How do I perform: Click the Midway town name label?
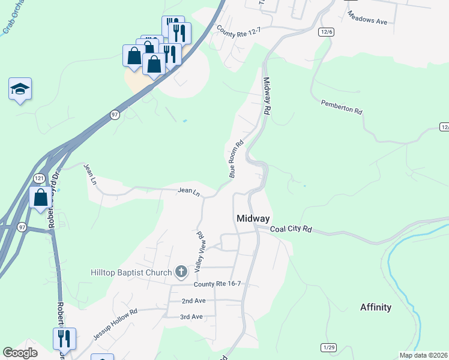253,218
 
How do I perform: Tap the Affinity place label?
376,307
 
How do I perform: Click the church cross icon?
181,272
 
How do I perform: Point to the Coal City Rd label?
292,229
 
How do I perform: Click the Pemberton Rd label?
342,107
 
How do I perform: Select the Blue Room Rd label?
235,159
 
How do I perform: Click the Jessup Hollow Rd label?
115,325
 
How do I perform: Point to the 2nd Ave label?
193,301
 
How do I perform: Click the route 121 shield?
39,178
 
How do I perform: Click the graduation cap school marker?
20,89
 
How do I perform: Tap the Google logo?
20,353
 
